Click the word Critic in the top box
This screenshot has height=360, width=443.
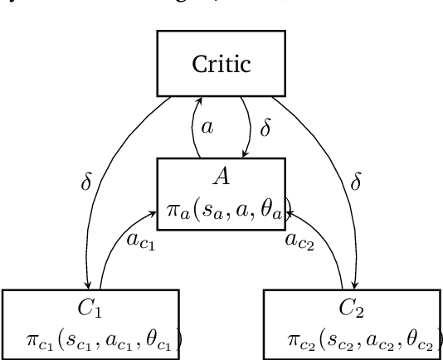pos(221,65)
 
